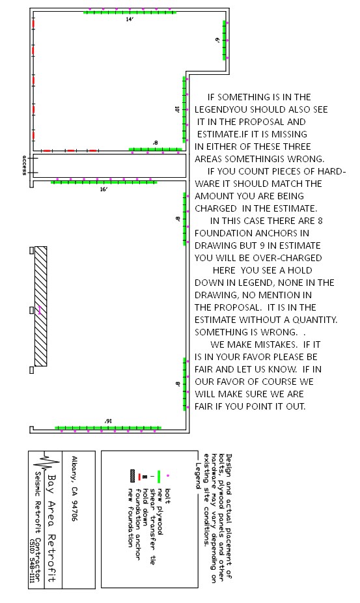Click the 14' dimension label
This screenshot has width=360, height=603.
(x=130, y=19)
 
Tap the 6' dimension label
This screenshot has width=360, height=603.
(x=217, y=40)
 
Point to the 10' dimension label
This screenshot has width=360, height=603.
(x=177, y=109)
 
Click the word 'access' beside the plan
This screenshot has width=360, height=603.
(x=24, y=165)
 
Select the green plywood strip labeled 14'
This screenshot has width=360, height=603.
(x=130, y=12)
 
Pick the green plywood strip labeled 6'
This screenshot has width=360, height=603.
(x=224, y=40)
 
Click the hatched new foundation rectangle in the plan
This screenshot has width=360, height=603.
(x=41, y=306)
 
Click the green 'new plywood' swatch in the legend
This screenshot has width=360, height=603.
(x=159, y=477)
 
